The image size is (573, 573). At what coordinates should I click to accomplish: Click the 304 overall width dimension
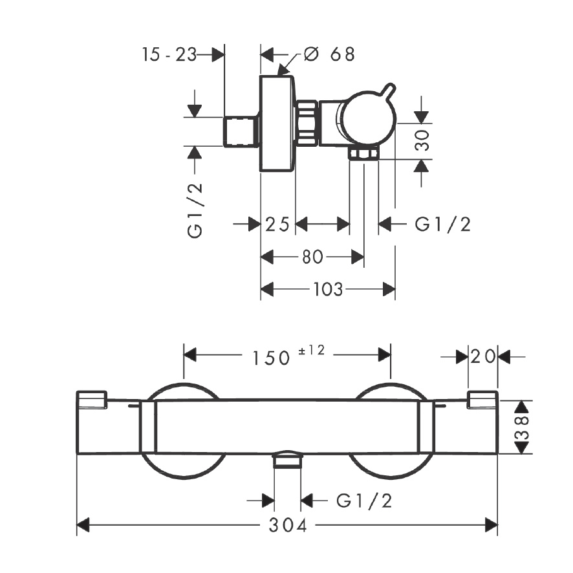coord(286,525)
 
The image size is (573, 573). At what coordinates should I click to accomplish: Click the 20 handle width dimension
coord(483,356)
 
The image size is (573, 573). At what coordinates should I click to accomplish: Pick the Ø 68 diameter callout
coord(329,54)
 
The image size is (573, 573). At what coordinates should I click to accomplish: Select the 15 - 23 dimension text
coord(169,54)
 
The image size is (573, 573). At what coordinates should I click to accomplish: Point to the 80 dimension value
coord(312,257)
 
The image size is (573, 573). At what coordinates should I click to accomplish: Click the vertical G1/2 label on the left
coord(196,210)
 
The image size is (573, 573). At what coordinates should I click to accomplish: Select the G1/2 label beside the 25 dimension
coord(442,224)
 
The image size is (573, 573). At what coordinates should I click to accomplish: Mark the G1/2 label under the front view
coord(364,501)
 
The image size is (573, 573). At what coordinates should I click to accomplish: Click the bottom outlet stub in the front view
coord(288,460)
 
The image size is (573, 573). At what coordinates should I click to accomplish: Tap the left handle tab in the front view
coord(92,400)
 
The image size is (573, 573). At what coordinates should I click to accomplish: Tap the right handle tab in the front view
coord(482,400)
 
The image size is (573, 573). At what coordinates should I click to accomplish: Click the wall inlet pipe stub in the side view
coord(241,131)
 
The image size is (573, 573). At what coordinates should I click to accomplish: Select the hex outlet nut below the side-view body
coord(363,153)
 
